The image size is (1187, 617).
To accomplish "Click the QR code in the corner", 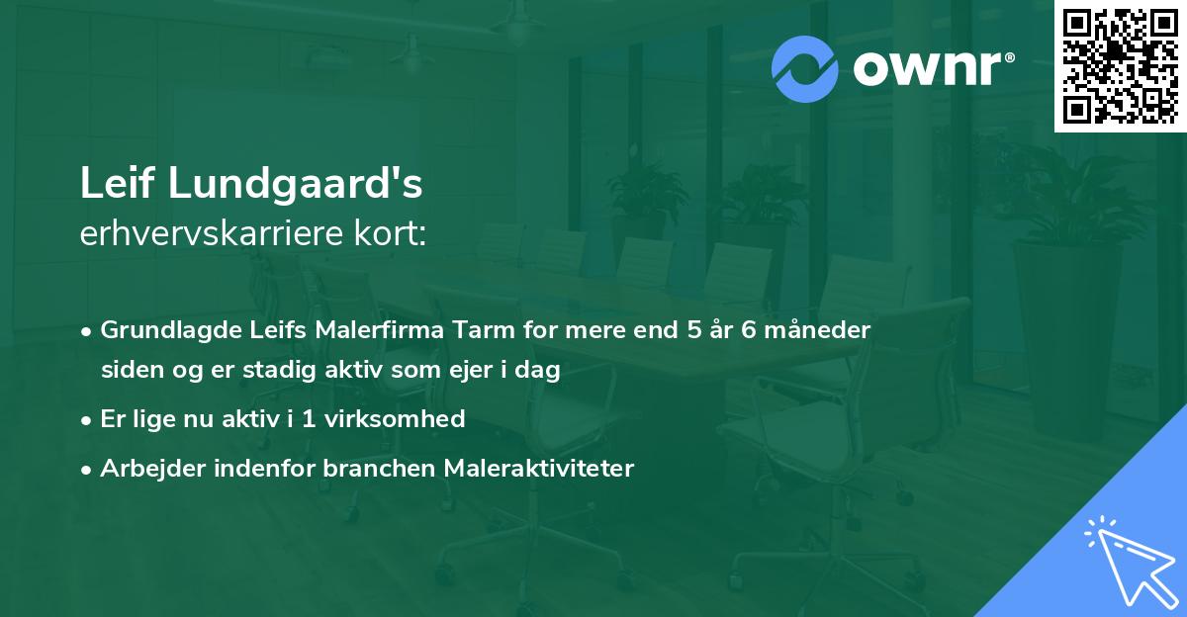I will pos(1120,65).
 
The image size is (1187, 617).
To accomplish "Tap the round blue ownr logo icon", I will pos(805,68).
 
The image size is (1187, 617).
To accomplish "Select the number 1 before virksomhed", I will pos(311,419).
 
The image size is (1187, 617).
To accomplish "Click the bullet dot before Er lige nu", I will pos(88,420).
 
